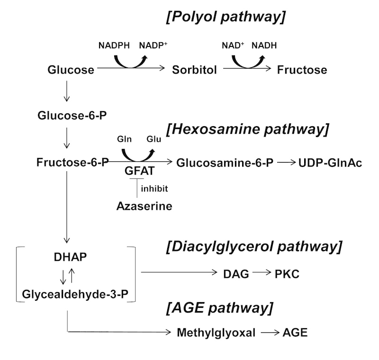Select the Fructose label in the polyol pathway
pyautogui.click(x=302, y=70)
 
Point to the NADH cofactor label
pyautogui.click(x=264, y=46)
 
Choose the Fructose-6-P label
pyautogui.click(x=72, y=162)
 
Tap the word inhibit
pyautogui.click(x=154, y=189)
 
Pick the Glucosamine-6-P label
pyautogui.click(x=225, y=162)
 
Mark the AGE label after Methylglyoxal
pyautogui.click(x=295, y=332)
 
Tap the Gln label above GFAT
pyautogui.click(x=122, y=139)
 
